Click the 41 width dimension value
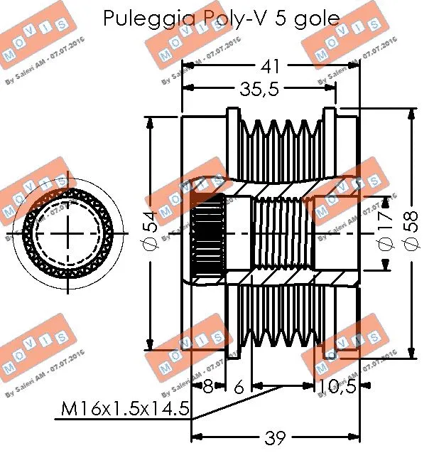[269, 68]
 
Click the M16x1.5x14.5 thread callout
[124, 408]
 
